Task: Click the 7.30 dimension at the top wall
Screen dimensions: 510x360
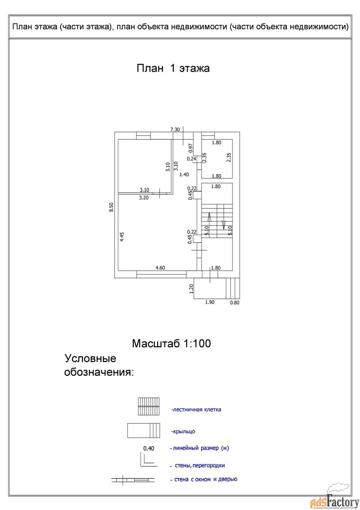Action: click(175, 129)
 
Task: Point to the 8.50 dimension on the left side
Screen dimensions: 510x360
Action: click(112, 207)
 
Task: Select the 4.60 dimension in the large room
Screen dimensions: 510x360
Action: click(160, 268)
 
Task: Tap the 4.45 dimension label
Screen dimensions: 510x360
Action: click(123, 237)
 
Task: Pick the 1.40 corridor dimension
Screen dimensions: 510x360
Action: click(184, 174)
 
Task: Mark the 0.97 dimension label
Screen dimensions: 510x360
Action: click(191, 148)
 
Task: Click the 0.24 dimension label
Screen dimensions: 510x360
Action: click(192, 159)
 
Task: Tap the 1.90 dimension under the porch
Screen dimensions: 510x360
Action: click(209, 302)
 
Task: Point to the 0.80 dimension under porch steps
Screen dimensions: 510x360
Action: click(235, 302)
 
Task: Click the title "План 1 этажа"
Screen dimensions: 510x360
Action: click(173, 68)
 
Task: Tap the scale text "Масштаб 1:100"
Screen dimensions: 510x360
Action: click(171, 343)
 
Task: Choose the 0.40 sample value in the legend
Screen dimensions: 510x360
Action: click(149, 448)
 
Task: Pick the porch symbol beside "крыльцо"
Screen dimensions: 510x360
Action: click(144, 431)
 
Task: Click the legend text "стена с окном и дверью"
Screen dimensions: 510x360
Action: click(205, 479)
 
